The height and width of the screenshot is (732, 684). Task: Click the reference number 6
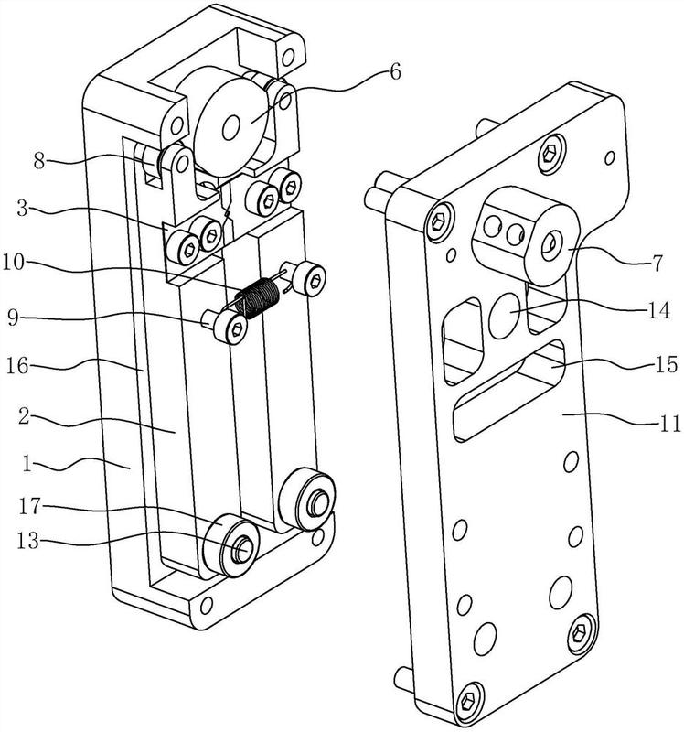(395, 72)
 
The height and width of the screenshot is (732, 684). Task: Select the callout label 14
(659, 310)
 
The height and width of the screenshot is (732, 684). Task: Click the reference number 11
(670, 425)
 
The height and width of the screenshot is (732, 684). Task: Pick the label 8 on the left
(39, 162)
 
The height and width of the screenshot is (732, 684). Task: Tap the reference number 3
(23, 209)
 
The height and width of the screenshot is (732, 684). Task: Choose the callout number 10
(13, 262)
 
